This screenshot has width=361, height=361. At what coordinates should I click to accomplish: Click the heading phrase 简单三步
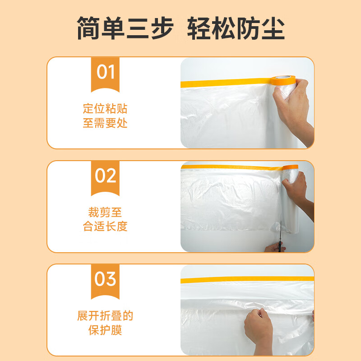(125, 28)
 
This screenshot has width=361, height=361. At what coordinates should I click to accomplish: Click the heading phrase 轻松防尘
(236, 28)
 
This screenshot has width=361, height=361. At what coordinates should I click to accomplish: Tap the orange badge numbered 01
(105, 72)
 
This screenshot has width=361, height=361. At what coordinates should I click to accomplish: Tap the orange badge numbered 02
(105, 176)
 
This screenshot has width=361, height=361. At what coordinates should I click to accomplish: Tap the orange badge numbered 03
(105, 279)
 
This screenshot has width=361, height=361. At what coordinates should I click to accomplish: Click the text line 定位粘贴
(105, 109)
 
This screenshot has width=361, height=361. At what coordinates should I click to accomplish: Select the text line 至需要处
(105, 123)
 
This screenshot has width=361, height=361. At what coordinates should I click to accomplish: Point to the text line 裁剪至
(105, 212)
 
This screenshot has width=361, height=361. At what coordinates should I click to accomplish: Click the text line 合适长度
(105, 227)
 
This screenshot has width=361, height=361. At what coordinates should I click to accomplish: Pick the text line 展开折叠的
(105, 316)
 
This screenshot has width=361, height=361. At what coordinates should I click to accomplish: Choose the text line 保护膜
(105, 330)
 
